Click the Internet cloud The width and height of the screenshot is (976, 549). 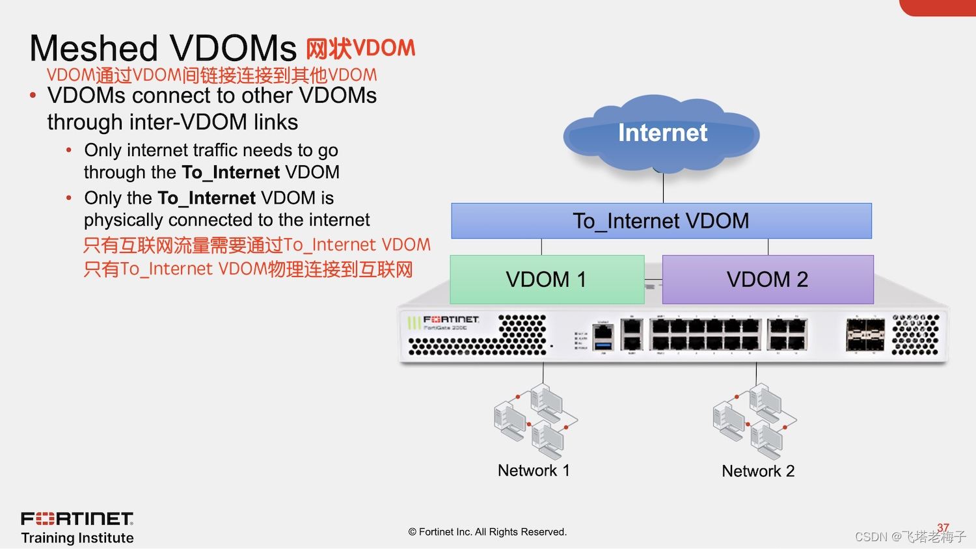pyautogui.click(x=662, y=133)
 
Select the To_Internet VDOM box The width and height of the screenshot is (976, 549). pyautogui.click(x=661, y=221)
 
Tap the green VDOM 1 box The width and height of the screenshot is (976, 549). pyautogui.click(x=547, y=280)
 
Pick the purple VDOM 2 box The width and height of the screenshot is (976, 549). pyautogui.click(x=768, y=280)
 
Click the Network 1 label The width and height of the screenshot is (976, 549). pyautogui.click(x=534, y=470)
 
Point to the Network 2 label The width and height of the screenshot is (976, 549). pyautogui.click(x=758, y=471)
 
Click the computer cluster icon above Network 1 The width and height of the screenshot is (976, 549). pyautogui.click(x=535, y=422)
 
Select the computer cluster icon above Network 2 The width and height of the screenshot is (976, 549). pyautogui.click(x=754, y=422)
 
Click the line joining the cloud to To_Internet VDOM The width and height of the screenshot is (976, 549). pyautogui.click(x=663, y=189)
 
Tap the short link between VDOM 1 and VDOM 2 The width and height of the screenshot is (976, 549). pyautogui.click(x=653, y=280)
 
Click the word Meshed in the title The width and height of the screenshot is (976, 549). pyautogui.click(x=94, y=49)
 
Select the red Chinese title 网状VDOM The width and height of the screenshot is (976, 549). pyautogui.click(x=360, y=49)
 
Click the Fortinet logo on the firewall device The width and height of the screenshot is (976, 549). pyautogui.click(x=451, y=319)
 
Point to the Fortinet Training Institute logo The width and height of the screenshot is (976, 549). pyautogui.click(x=77, y=527)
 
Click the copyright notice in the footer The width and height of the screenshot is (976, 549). pyautogui.click(x=487, y=532)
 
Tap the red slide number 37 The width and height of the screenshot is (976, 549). pyautogui.click(x=943, y=528)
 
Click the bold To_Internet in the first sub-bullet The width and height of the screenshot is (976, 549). pyautogui.click(x=230, y=172)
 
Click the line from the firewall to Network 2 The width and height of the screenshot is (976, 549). pyautogui.click(x=756, y=373)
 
